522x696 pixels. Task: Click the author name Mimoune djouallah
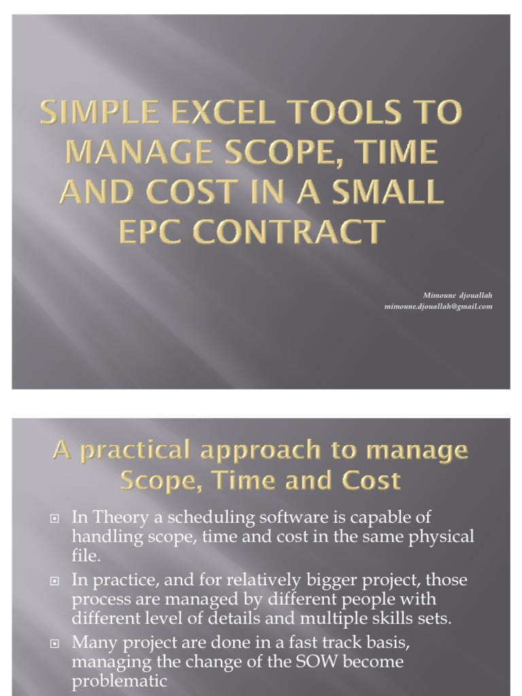tap(457, 296)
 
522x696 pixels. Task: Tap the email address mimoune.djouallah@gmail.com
tap(438, 307)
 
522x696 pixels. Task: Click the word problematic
tap(119, 681)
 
